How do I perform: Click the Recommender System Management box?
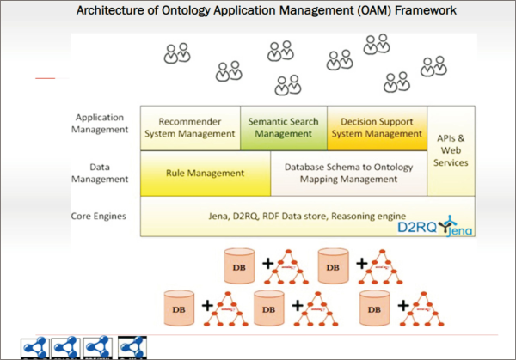point(189,128)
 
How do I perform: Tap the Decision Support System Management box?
point(376,128)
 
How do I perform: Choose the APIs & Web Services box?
point(451,150)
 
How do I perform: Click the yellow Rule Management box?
point(205,173)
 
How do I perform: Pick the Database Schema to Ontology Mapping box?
point(348,173)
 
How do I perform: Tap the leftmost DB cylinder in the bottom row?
point(179,306)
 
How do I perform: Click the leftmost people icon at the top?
point(176,53)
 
